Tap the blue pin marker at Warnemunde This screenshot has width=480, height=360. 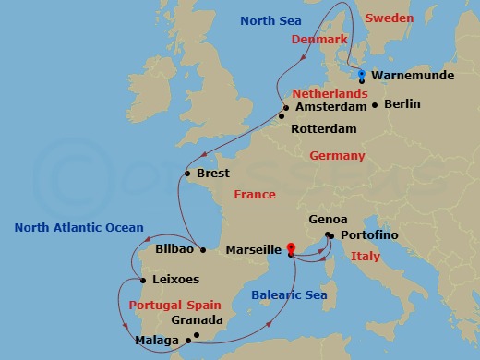tap(362, 76)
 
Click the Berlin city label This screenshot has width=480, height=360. tap(402, 104)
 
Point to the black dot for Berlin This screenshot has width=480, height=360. tap(375, 105)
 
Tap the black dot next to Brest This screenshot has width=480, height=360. tap(186, 174)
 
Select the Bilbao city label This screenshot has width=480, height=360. tap(174, 249)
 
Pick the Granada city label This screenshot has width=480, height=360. tap(197, 320)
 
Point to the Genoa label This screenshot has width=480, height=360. tap(329, 220)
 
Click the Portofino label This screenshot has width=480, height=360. tap(369, 236)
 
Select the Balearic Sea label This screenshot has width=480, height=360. tap(285, 295)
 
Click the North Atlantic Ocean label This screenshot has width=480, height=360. tap(79, 228)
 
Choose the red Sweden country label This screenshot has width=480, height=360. tap(388, 18)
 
